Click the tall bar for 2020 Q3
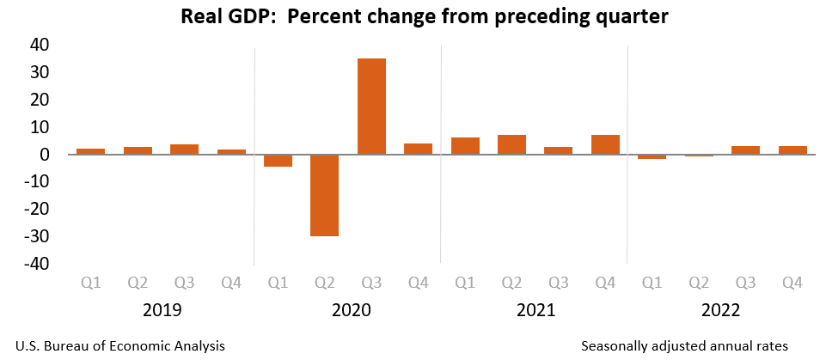click(x=371, y=106)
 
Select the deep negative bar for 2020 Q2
click(x=324, y=195)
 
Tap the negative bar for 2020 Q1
click(x=278, y=161)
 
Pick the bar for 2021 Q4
click(x=605, y=144)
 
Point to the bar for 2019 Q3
click(x=184, y=149)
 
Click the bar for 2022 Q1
click(x=652, y=157)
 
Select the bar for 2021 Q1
click(x=465, y=146)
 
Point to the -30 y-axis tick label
click(x=36, y=236)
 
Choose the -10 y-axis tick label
click(x=36, y=182)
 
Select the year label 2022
click(x=721, y=310)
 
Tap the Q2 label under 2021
click(x=511, y=282)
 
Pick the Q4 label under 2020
click(x=418, y=282)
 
